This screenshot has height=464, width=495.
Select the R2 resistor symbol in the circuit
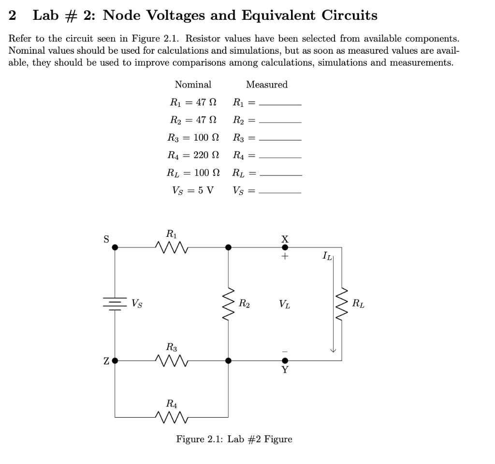228,304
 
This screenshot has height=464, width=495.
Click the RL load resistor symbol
342,304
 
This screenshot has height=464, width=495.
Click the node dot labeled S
115,247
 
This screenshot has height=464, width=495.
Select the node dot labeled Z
115,360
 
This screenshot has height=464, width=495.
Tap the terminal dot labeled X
285,247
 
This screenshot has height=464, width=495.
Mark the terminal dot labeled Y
285,360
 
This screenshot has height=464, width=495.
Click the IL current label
327,255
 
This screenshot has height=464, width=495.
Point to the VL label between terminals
285,304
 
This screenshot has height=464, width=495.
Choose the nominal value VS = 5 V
193,190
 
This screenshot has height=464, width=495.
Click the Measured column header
267,85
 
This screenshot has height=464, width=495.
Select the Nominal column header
193,85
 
